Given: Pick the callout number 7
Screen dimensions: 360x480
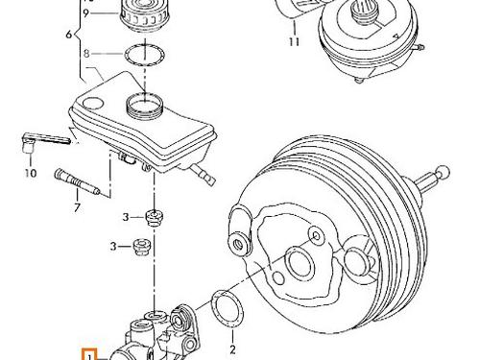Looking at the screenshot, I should (76, 205).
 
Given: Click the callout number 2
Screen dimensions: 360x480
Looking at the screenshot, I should (231, 338).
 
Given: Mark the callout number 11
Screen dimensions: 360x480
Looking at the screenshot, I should (294, 42).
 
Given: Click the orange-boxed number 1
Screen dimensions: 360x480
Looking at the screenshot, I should (88, 354).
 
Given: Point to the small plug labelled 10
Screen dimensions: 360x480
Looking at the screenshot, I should (28, 142).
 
